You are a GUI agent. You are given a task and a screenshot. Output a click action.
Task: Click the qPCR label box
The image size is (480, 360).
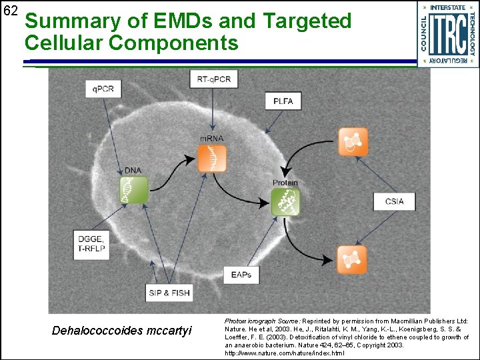103,88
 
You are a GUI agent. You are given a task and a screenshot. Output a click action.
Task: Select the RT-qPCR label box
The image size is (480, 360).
213,79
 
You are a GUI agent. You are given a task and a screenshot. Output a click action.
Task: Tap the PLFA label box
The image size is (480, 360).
283,101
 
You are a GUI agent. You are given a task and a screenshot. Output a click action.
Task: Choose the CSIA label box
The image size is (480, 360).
395,201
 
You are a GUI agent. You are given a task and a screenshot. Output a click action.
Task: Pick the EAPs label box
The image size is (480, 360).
241,274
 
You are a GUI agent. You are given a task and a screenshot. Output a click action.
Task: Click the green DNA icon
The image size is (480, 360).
133,190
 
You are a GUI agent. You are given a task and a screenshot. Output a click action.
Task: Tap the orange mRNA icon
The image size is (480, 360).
212,158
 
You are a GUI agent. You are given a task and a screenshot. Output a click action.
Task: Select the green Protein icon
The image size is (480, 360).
285,201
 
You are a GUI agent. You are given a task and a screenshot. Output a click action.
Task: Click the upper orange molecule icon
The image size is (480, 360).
352,141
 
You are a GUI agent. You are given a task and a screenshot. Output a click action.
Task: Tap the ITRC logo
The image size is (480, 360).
447,33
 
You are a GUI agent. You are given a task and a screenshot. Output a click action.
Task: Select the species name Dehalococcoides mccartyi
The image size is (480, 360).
121,331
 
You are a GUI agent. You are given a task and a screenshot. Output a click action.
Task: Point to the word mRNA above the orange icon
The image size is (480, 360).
212,139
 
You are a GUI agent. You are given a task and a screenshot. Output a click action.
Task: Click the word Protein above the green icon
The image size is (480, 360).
285,182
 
